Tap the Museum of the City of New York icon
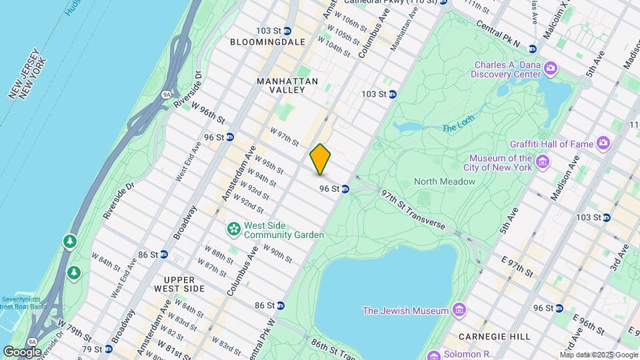543,162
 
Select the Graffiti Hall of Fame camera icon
603,143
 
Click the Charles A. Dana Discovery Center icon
551,69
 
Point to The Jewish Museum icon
459,310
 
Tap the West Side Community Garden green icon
233,230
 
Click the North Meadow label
444,181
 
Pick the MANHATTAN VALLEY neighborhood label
287,81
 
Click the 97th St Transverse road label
413,209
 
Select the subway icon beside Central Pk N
532,49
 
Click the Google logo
23,351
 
